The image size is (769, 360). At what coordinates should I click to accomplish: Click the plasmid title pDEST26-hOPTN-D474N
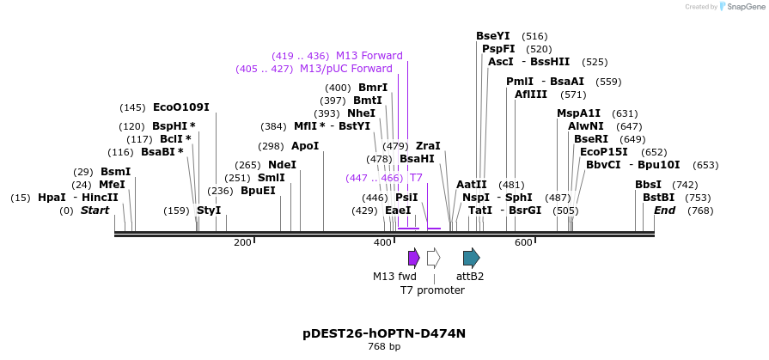point(384,333)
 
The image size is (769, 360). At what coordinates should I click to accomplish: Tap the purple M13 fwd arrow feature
point(413,257)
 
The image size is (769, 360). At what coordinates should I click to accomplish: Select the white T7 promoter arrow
point(433,257)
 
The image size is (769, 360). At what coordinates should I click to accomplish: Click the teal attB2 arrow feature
point(471,257)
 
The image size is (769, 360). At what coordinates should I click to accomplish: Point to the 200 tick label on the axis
point(242,243)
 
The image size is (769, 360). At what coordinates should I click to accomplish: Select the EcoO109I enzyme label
point(180,107)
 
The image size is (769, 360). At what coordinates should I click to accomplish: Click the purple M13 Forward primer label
point(369,56)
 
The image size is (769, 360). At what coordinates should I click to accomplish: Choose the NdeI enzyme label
point(282,165)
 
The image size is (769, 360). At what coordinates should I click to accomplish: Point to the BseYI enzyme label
point(492,36)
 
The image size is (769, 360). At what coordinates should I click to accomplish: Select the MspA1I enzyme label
point(578,113)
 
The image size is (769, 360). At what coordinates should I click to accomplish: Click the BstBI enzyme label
point(658,198)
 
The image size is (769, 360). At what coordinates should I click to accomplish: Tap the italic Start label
point(95,211)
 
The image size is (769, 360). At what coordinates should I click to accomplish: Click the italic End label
point(664,211)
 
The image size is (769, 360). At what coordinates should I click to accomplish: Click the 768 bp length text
point(384,347)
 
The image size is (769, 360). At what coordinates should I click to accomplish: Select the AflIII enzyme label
point(530,95)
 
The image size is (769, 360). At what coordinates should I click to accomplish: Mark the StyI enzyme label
point(209,211)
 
